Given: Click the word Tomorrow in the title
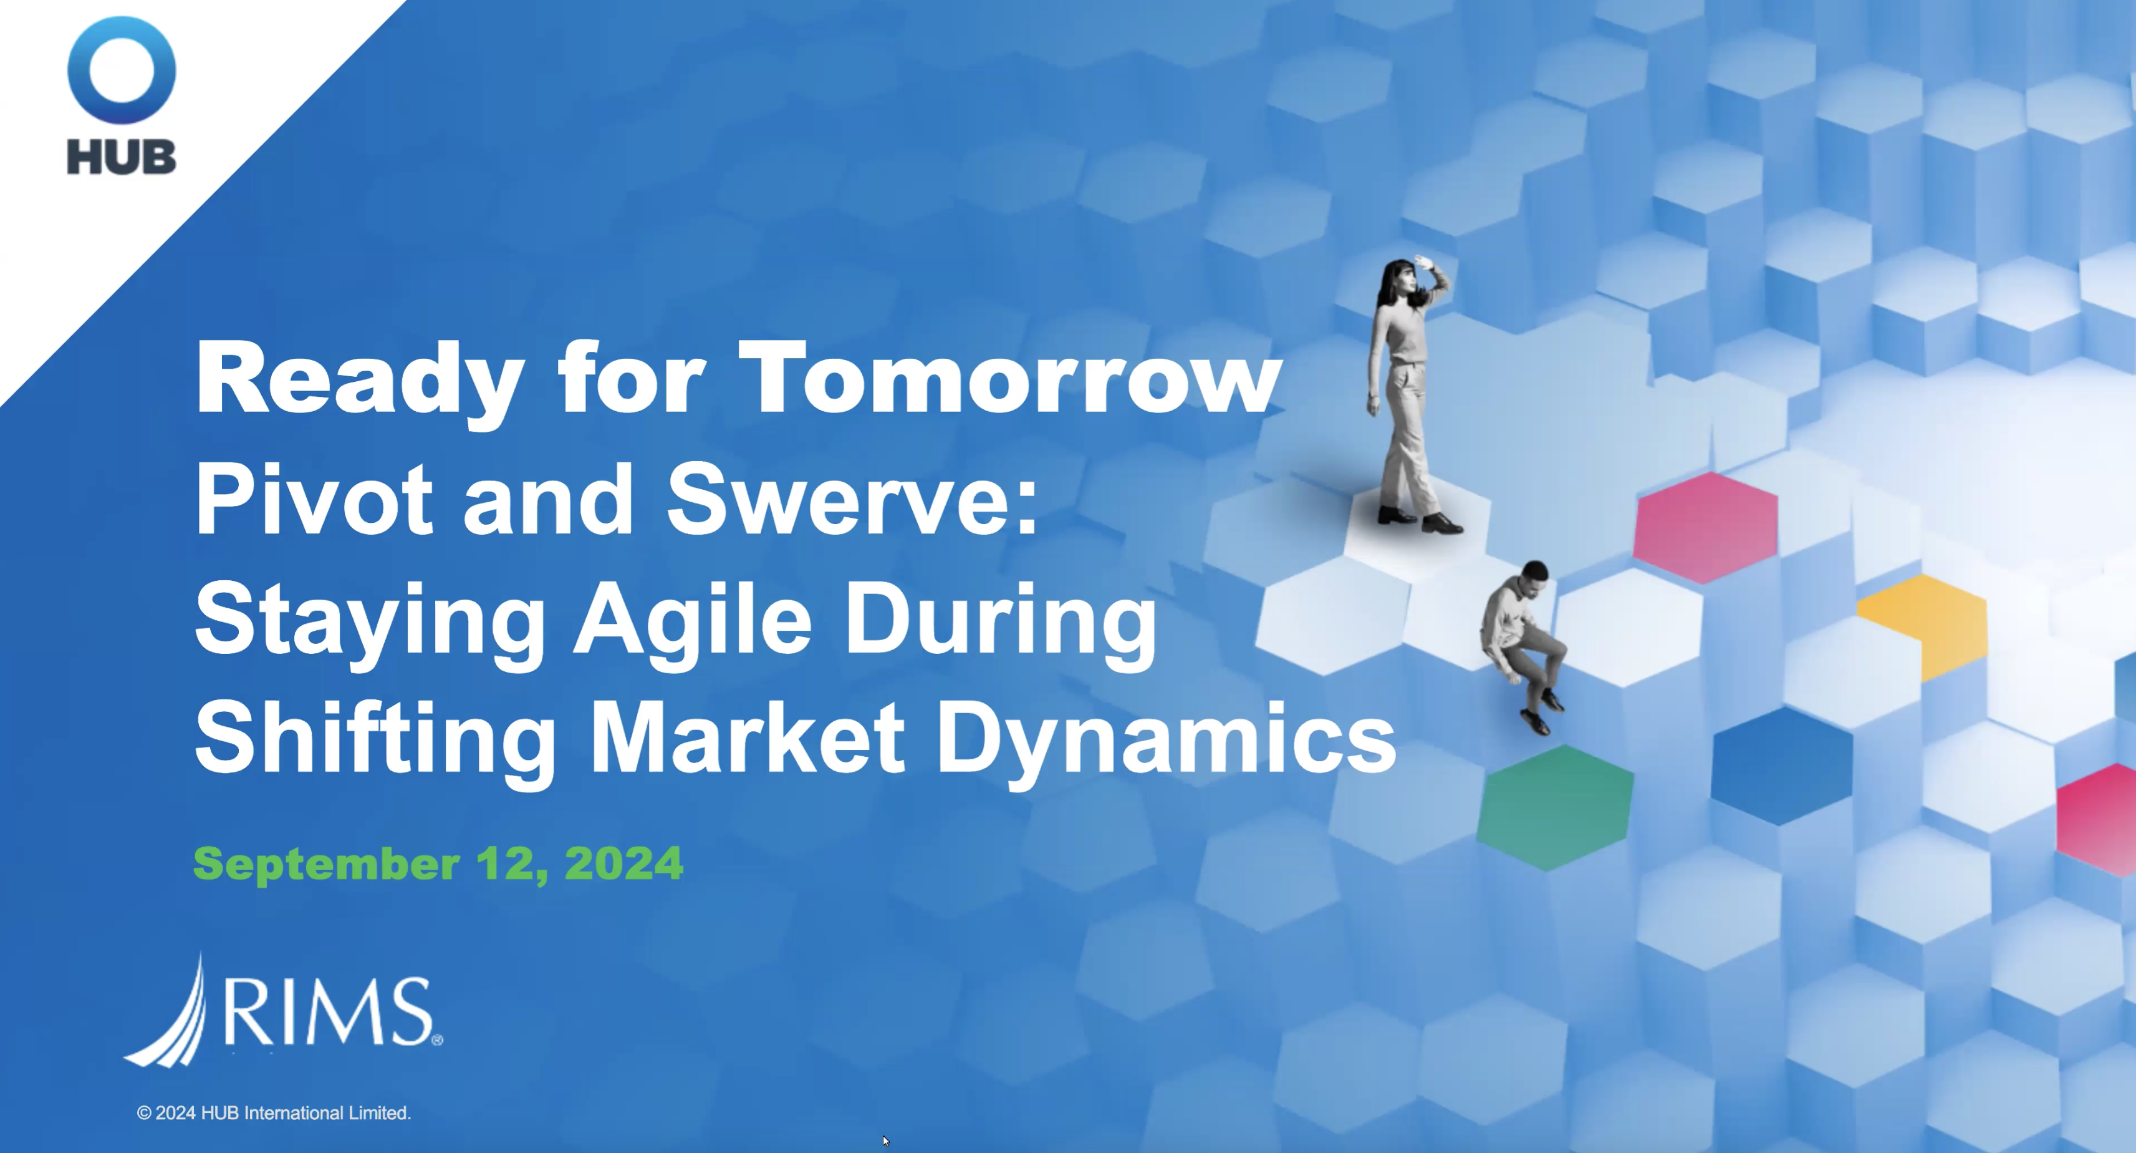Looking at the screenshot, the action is pos(1010,378).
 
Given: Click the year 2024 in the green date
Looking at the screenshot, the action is pos(623,864).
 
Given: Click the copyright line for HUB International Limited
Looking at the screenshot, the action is pos(274,1113).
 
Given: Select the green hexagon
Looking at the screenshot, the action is pos(1556,807).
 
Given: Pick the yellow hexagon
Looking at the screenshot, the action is pos(1928,624).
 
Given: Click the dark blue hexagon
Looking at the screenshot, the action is pos(1782,765).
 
